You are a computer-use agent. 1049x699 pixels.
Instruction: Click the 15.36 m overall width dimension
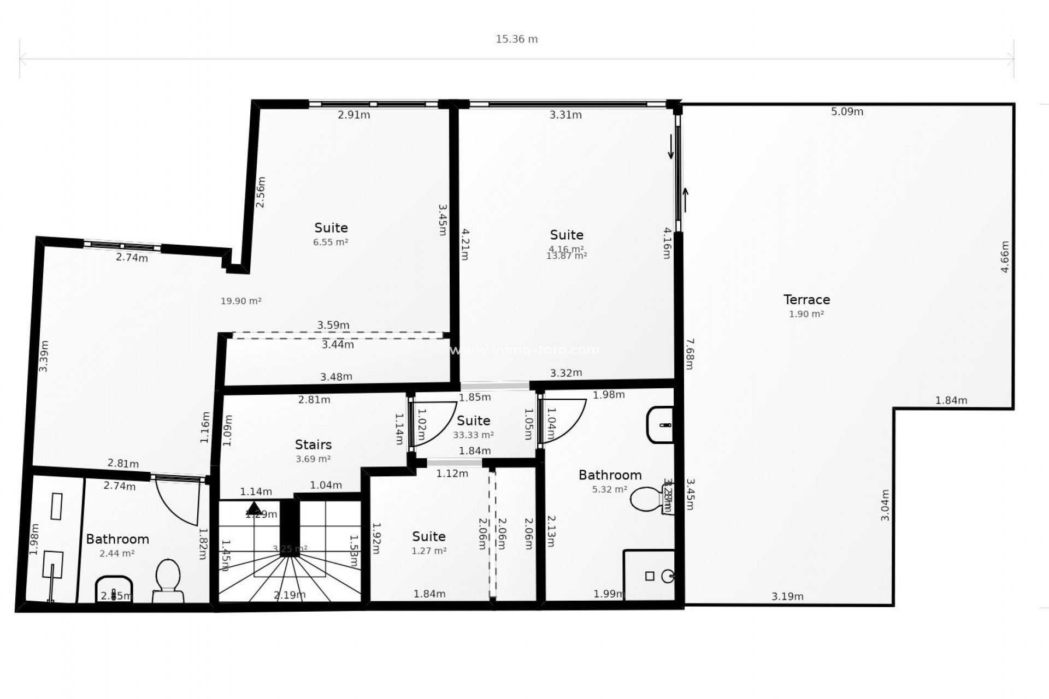point(516,39)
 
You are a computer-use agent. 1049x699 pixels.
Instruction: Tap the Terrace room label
point(806,299)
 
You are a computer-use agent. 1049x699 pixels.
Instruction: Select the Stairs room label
point(313,445)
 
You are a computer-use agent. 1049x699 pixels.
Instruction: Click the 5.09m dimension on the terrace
point(847,112)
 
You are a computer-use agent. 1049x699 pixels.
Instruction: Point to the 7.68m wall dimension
point(689,354)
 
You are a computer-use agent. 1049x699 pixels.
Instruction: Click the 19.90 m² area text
point(241,301)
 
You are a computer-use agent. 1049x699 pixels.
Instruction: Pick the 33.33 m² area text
point(473,435)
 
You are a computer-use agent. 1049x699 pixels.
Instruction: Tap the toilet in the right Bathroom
point(650,500)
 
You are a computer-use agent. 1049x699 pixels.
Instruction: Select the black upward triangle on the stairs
point(254,507)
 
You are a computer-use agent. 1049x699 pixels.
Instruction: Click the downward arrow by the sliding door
point(671,147)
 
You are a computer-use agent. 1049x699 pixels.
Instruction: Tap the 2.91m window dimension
point(353,115)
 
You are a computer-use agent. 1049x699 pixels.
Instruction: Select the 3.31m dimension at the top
point(565,115)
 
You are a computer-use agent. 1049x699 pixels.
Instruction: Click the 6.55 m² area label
point(331,242)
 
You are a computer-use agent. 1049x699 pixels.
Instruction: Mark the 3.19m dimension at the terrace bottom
point(787,596)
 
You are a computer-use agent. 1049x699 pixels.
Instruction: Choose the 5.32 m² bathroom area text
point(610,489)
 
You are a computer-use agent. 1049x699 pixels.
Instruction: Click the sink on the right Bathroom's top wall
point(660,424)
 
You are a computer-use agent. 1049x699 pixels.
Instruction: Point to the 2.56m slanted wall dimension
point(261,192)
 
